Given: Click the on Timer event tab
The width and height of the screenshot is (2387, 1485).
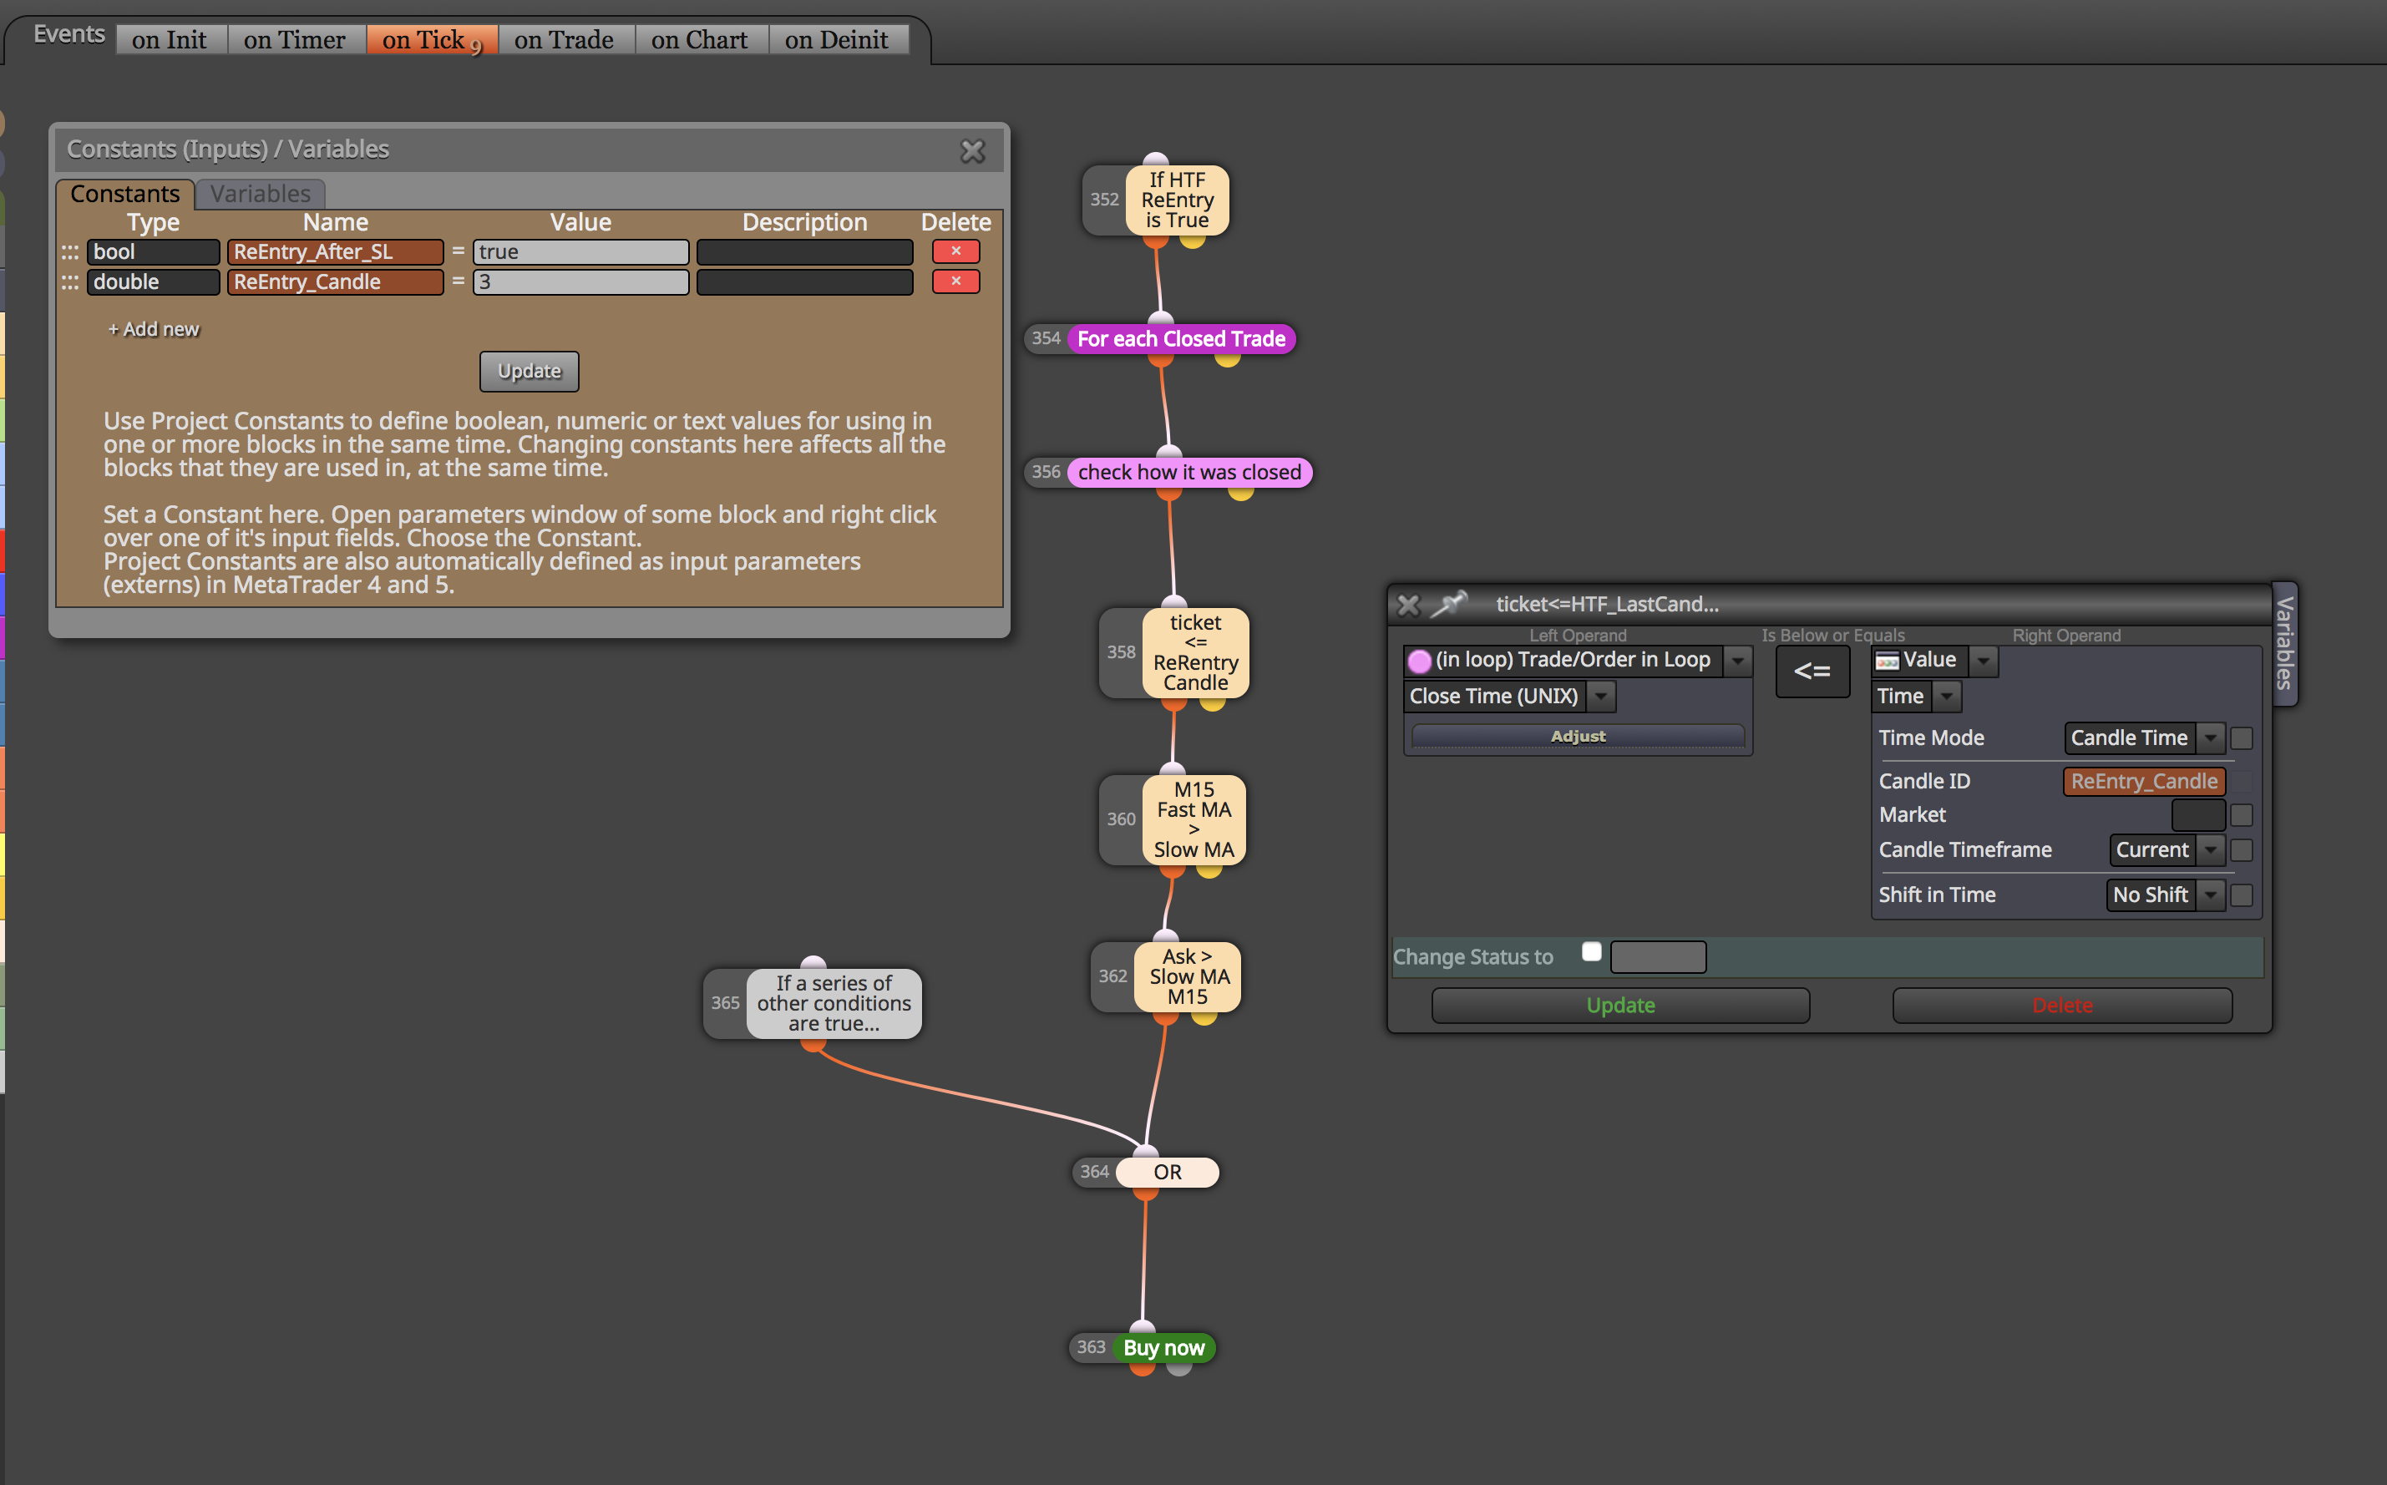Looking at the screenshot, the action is [295, 39].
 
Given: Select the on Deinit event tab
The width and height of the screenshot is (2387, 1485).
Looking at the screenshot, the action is [837, 39].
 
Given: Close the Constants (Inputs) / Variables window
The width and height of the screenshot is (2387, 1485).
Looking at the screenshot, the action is [972, 150].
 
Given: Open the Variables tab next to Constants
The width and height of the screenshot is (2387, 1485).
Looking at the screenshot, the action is [261, 194].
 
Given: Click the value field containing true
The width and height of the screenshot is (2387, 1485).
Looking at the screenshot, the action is [580, 251].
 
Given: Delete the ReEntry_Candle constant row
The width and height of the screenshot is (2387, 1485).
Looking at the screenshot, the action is [955, 281].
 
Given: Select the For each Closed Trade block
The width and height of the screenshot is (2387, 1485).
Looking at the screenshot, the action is [1181, 339].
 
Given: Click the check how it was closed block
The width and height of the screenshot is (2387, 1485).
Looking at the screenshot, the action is [1189, 473].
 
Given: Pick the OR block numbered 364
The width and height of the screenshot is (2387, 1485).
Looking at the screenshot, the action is [1168, 1172].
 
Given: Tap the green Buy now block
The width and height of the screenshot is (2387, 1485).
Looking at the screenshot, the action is [1163, 1347].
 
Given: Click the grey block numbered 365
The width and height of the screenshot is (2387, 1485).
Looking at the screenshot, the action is [834, 1003].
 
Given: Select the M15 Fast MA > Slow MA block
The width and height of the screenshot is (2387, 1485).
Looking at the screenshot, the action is [1194, 820].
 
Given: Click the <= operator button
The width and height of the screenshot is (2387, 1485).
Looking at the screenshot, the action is [1812, 672].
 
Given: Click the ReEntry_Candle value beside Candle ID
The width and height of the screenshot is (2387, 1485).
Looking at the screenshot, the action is [2143, 781].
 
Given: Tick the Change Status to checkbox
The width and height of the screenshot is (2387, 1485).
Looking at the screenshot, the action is [1592, 950].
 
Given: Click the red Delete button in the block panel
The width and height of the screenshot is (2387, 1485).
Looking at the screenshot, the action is [2062, 1005].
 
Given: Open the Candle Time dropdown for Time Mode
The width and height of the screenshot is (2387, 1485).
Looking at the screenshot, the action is [2141, 737].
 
